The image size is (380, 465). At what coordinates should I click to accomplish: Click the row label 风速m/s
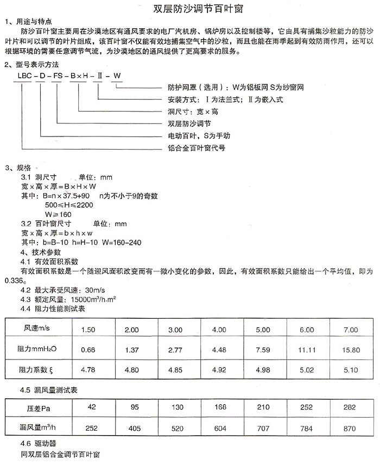click(x=36, y=330)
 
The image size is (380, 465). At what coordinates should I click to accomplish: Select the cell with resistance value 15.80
click(x=351, y=350)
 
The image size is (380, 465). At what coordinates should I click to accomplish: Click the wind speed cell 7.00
click(x=351, y=330)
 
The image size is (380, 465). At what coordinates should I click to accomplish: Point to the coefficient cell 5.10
click(x=351, y=370)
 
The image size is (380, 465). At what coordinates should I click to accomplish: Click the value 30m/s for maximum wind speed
click(x=94, y=290)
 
